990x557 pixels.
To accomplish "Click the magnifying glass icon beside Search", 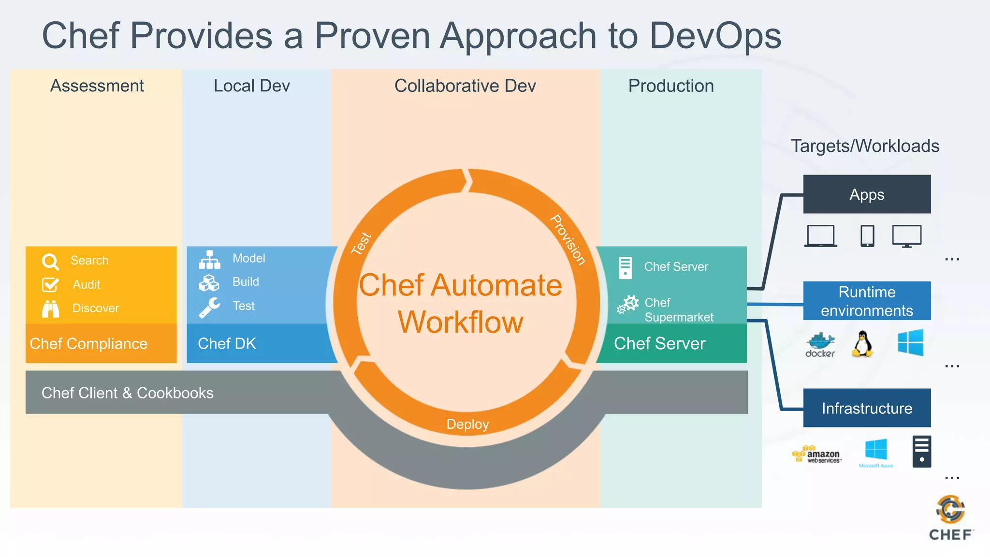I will pyautogui.click(x=50, y=262).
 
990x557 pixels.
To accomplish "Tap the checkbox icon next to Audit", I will pyautogui.click(x=50, y=285).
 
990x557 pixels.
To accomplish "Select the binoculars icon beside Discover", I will pyautogui.click(x=50, y=308).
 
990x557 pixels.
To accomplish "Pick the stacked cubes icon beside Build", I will pyautogui.click(x=209, y=283).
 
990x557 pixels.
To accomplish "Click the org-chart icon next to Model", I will pyautogui.click(x=209, y=260).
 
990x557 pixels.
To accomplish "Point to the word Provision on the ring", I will pyautogui.click(x=568, y=240).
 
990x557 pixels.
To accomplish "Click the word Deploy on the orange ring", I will pyautogui.click(x=467, y=424).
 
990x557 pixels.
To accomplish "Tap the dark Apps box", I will pyautogui.click(x=867, y=194).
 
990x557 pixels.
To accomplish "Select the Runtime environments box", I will pyautogui.click(x=867, y=301).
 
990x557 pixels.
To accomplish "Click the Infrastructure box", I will pyautogui.click(x=867, y=408).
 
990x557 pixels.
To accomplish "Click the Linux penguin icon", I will pyautogui.click(x=862, y=344).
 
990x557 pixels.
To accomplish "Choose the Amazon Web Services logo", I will pyautogui.click(x=817, y=454).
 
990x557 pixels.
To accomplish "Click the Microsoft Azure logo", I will pyautogui.click(x=876, y=453).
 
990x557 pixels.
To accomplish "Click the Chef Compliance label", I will pyautogui.click(x=88, y=343).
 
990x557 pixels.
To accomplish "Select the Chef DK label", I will pyautogui.click(x=227, y=343).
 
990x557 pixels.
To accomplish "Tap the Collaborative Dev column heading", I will pyautogui.click(x=465, y=86).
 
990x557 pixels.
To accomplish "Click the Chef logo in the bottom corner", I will pyautogui.click(x=950, y=518).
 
